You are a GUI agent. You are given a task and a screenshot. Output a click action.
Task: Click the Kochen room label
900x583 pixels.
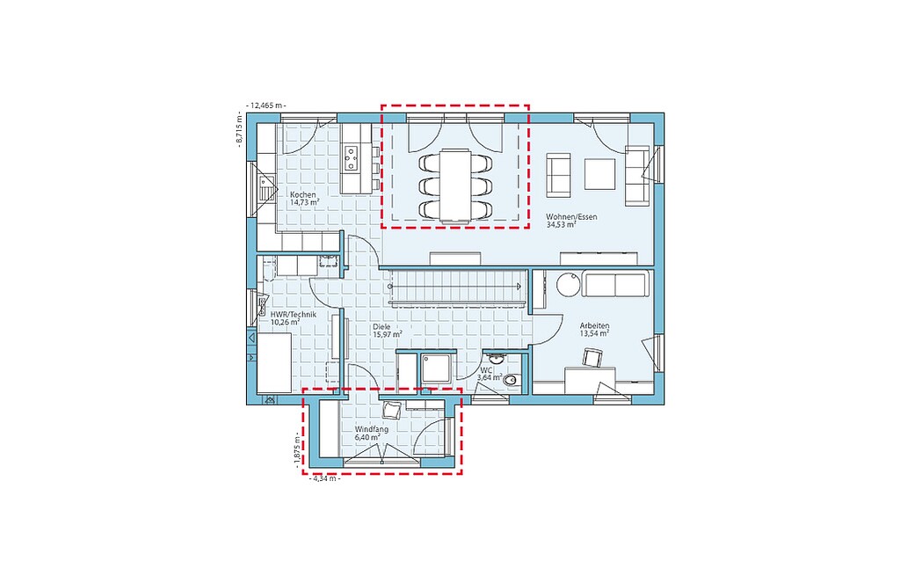tap(302, 194)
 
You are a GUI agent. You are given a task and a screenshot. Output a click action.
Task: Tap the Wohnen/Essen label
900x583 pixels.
tap(571, 217)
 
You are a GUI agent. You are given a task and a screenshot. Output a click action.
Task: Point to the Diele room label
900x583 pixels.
tap(381, 327)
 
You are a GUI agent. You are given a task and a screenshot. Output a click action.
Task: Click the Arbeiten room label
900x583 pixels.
tap(594, 325)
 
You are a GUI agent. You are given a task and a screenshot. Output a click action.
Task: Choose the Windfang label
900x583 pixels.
tap(372, 430)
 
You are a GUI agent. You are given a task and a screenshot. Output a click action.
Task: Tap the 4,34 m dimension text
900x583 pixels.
tap(324, 477)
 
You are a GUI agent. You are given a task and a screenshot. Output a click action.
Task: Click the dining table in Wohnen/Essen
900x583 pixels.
tap(455, 185)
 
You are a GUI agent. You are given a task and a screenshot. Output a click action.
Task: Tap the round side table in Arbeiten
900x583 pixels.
tap(569, 283)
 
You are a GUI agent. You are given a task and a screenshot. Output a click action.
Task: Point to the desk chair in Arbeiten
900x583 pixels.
tap(592, 357)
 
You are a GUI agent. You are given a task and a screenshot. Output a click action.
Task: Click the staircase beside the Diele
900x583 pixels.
tap(456, 286)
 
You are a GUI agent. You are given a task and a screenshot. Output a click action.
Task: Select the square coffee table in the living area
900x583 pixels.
tap(599, 173)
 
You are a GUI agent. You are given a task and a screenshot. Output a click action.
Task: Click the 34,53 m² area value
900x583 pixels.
tap(562, 225)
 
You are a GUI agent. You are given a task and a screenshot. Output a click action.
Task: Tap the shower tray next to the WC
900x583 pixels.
tap(438, 368)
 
